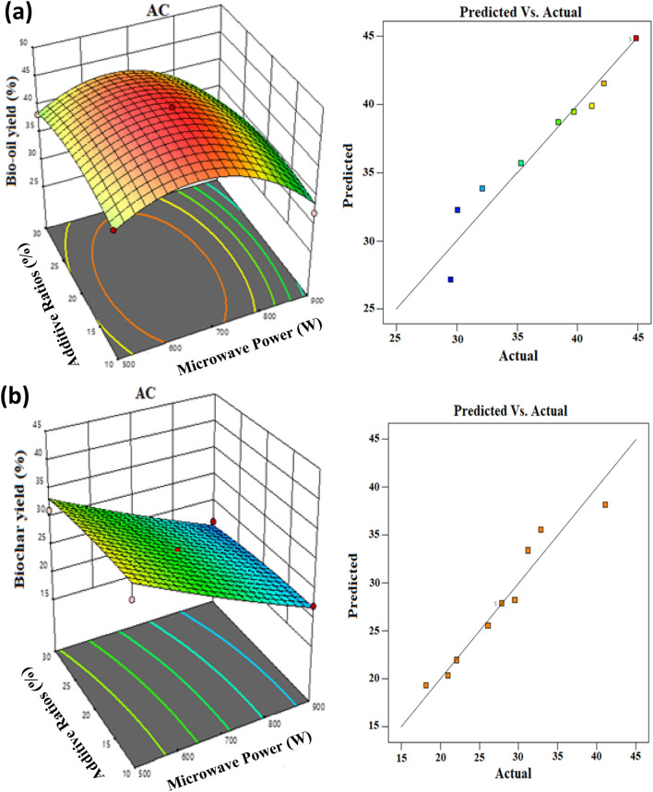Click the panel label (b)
pyautogui.click(x=19, y=404)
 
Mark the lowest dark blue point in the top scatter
pyautogui.click(x=450, y=279)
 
